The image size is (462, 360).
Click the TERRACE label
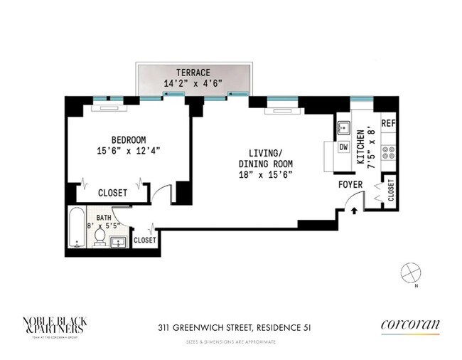point(193,70)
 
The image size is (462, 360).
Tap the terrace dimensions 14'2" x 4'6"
point(193,83)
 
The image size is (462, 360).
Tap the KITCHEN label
point(360,147)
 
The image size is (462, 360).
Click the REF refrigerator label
point(387,123)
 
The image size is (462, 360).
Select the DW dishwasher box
point(343,147)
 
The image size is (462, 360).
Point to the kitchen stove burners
point(388,152)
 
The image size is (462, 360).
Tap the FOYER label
point(350,185)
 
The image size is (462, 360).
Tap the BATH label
point(104,218)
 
